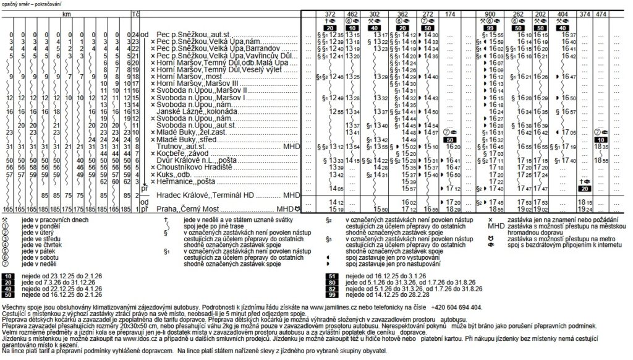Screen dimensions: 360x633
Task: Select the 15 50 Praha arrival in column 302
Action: pyautogui.click(x=380, y=208)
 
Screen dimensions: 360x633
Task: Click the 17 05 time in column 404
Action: pyautogui.click(x=567, y=132)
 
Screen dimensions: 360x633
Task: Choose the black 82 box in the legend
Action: pyautogui.click(x=332, y=288)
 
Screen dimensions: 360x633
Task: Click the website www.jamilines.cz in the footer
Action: pyautogui.click(x=338, y=307)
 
